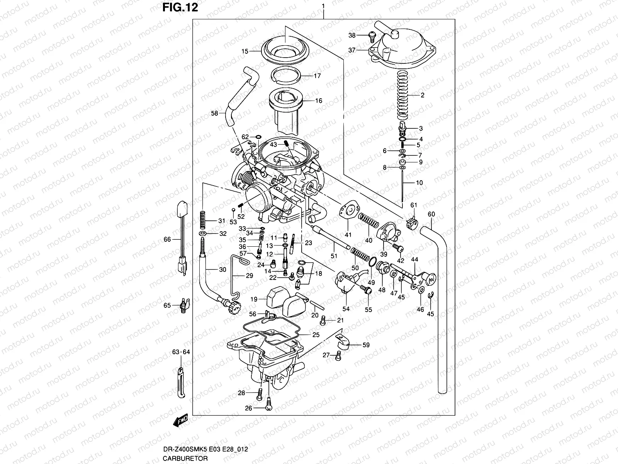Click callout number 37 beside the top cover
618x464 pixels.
point(351,50)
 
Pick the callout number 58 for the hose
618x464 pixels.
point(214,113)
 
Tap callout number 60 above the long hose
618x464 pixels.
point(431,214)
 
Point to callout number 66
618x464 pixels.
point(167,240)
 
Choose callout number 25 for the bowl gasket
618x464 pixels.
point(316,335)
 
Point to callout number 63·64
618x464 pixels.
point(181,352)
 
